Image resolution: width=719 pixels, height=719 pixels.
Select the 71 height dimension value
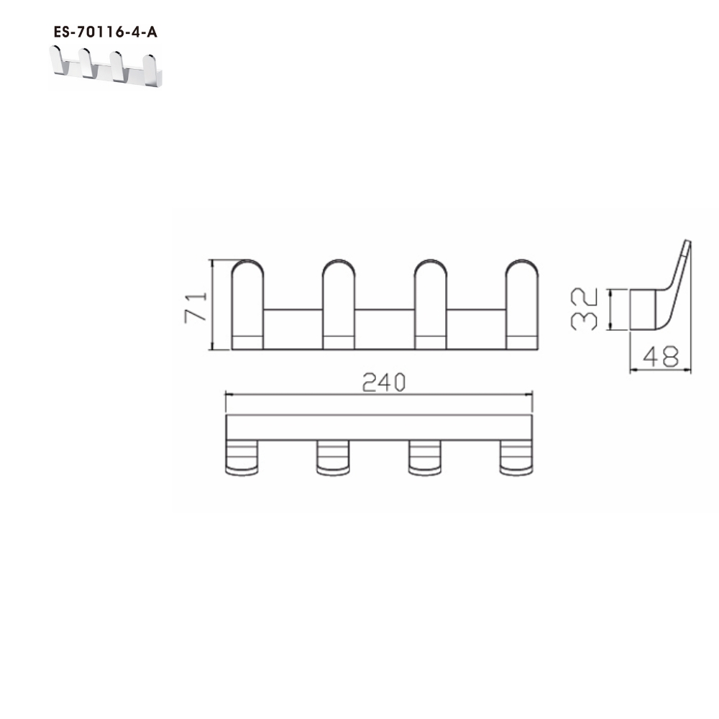click(x=196, y=305)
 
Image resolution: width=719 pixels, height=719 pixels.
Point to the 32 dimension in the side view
click(x=585, y=310)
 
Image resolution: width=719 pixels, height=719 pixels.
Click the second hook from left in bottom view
click(x=332, y=458)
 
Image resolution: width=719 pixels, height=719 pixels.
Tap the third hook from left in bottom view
click(x=423, y=458)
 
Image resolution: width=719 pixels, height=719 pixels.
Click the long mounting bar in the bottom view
click(x=379, y=427)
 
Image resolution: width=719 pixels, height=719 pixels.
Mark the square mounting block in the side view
click(x=641, y=310)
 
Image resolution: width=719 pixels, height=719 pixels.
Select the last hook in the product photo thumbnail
click(x=151, y=66)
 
